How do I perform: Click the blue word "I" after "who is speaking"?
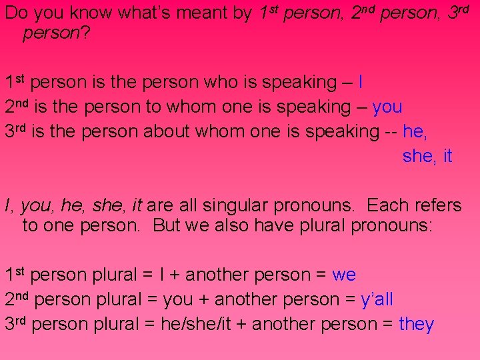coord(360,83)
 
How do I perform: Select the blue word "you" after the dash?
coord(387,107)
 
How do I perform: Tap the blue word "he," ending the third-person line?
coord(415,131)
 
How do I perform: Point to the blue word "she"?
coord(418,157)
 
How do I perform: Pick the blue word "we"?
coord(344,275)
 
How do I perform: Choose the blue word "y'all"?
coord(377,300)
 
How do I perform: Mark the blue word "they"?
coord(417,325)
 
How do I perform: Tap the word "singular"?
coord(215,205)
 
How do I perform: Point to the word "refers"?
coord(437,205)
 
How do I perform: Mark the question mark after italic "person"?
coord(85,33)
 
